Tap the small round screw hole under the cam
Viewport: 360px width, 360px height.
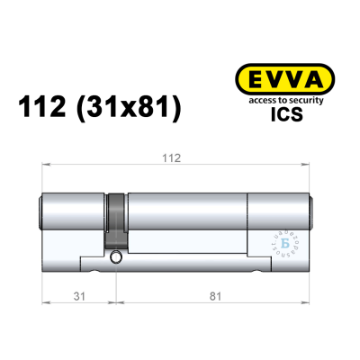tap(115, 258)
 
